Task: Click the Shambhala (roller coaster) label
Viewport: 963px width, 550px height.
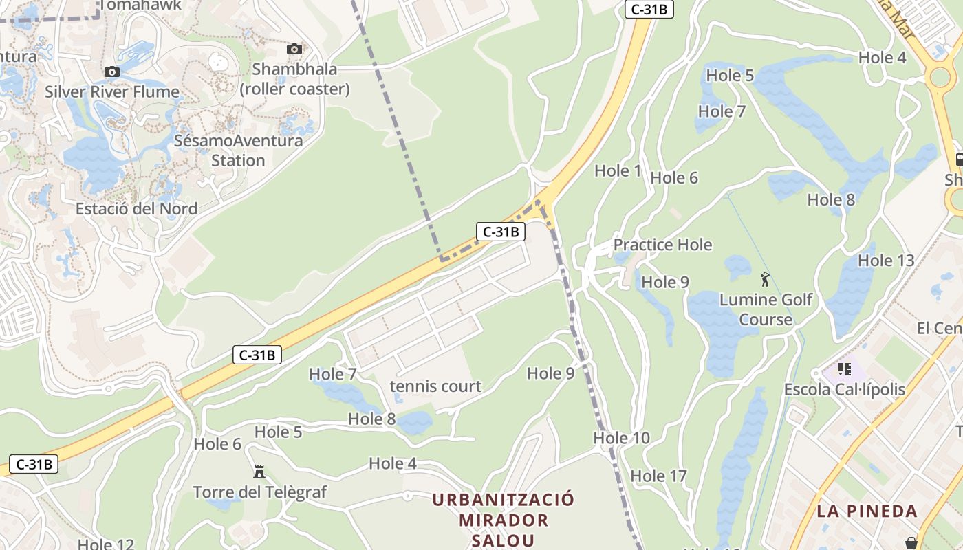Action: pyautogui.click(x=294, y=79)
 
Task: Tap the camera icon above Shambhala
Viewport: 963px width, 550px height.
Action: pyautogui.click(x=294, y=49)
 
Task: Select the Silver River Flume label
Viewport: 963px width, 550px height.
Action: pyautogui.click(x=112, y=92)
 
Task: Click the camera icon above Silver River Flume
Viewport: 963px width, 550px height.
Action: pyautogui.click(x=111, y=71)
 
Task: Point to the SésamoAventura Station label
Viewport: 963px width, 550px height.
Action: pyautogui.click(x=238, y=151)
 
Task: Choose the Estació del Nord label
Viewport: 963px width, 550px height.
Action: pyautogui.click(x=136, y=208)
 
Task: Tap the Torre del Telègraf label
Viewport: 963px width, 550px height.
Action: pyautogui.click(x=259, y=492)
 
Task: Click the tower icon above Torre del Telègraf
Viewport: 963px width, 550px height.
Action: pyautogui.click(x=259, y=472)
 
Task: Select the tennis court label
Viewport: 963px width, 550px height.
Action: pyautogui.click(x=435, y=386)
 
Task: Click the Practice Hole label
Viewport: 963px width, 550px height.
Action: pyautogui.click(x=662, y=245)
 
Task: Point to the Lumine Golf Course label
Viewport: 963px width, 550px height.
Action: pyautogui.click(x=766, y=309)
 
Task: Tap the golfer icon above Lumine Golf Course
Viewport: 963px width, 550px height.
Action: pyautogui.click(x=765, y=279)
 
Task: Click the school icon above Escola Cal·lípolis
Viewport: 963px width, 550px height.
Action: pyautogui.click(x=845, y=369)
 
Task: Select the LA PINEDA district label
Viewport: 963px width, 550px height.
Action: pyautogui.click(x=867, y=511)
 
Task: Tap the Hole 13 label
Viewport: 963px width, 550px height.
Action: pyautogui.click(x=886, y=261)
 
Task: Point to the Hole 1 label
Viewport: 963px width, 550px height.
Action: pyautogui.click(x=617, y=171)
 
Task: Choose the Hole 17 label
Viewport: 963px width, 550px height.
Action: pyautogui.click(x=658, y=476)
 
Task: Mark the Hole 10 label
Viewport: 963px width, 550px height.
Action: pyautogui.click(x=621, y=438)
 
